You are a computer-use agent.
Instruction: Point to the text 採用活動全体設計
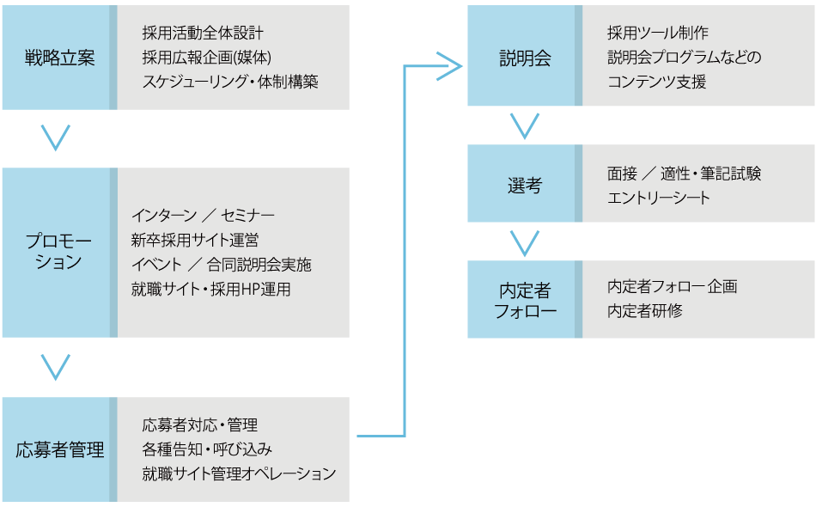point(203,34)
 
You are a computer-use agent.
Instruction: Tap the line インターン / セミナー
point(203,215)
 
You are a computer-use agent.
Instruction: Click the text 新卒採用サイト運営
point(195,240)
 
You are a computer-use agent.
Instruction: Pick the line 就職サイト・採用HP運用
point(210,290)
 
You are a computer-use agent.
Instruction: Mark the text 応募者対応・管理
point(199,425)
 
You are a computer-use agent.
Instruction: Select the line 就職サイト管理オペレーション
point(239,473)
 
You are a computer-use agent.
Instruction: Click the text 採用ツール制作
point(657,34)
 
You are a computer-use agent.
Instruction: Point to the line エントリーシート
point(659,198)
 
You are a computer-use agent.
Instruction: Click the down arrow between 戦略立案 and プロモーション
point(56,138)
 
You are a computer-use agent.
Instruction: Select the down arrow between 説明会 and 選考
point(524,126)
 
